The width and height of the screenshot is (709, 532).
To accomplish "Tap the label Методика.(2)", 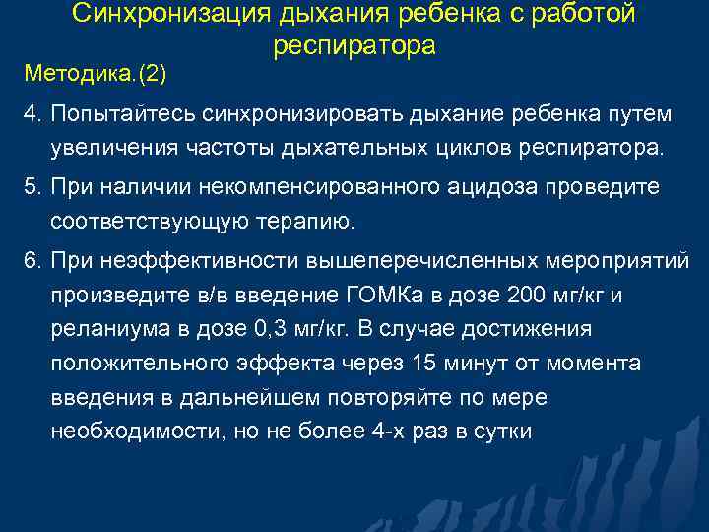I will coord(96,73).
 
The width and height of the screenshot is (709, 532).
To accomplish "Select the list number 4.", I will coord(32,115).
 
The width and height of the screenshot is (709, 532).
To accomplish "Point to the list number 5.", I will coord(32,187).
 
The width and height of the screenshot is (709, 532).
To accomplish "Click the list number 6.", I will coord(32,259).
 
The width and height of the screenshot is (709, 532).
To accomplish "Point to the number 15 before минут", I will coord(426,364).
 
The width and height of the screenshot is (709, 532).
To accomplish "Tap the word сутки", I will coord(504,431).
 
